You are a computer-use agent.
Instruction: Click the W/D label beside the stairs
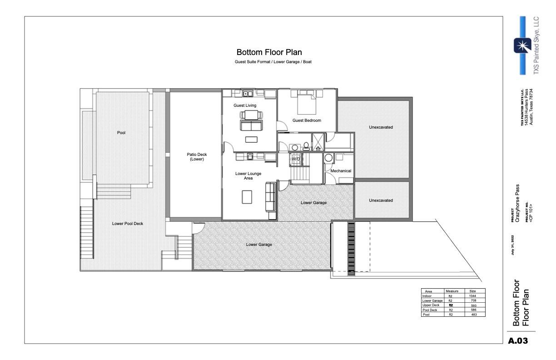[x=296, y=159]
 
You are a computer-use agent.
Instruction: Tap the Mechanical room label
[x=341, y=171]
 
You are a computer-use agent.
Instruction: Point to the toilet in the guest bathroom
[x=306, y=146]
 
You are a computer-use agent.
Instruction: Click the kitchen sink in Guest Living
[x=248, y=94]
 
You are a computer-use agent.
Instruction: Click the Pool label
[x=121, y=133]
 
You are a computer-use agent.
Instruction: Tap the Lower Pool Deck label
[x=128, y=223]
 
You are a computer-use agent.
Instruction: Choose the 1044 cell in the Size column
[x=472, y=296]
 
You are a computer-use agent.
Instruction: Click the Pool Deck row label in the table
[x=430, y=310]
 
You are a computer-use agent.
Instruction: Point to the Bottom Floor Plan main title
[x=269, y=53]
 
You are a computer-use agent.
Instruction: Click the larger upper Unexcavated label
[x=381, y=127]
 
